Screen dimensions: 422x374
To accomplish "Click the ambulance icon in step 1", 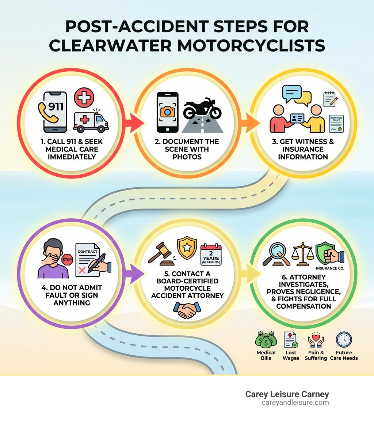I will pyautogui.click(x=91, y=121).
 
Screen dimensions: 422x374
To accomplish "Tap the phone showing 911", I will pyautogui.click(x=55, y=112).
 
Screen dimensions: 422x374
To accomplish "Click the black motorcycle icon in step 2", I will pyautogui.click(x=202, y=108).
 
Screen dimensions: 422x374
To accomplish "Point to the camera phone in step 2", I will pyautogui.click(x=167, y=112).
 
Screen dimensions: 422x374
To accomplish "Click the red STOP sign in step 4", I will pyautogui.click(x=68, y=260).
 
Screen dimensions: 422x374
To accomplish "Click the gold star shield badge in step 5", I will pyautogui.click(x=187, y=248).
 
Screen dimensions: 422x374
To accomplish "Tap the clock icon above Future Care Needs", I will pyautogui.click(x=344, y=340).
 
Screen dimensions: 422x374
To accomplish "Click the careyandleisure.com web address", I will pyautogui.click(x=295, y=403).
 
